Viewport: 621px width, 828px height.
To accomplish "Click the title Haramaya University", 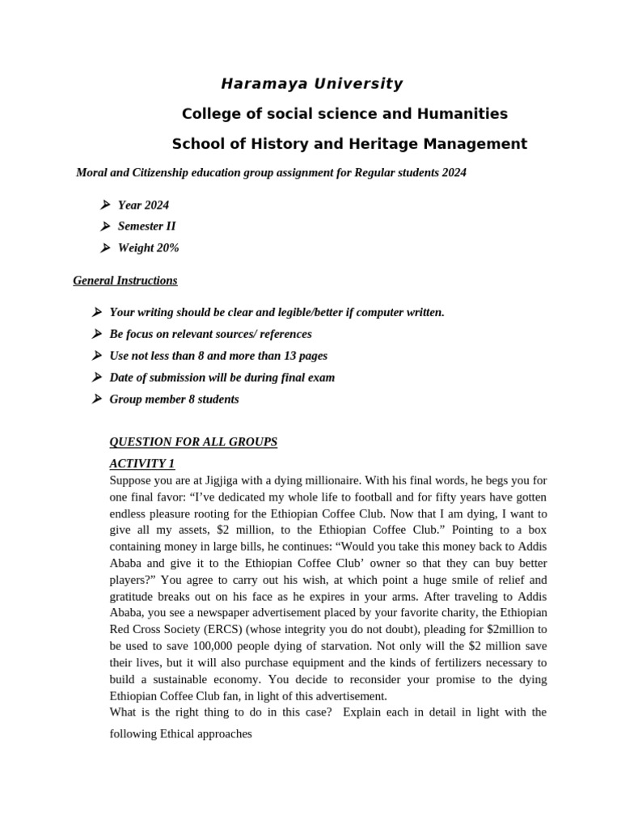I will [x=312, y=84].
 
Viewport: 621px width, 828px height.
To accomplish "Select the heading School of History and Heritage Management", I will [x=349, y=144].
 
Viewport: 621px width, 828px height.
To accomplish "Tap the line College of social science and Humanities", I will [x=344, y=114].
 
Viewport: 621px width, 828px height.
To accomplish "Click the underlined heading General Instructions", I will [x=125, y=281].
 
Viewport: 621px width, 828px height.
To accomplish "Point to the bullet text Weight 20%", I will [x=149, y=248].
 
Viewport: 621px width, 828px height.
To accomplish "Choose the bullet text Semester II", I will [x=147, y=226].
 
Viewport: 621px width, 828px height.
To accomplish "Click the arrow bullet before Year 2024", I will [x=105, y=205].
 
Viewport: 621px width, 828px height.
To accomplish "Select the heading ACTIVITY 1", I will [x=142, y=463].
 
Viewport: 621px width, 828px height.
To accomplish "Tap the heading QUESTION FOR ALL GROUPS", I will [x=193, y=441].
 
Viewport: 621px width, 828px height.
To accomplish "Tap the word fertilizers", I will [x=435, y=662].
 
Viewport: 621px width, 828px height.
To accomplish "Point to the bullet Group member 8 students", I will [x=174, y=399].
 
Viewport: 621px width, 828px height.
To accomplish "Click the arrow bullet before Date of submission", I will [x=97, y=377].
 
